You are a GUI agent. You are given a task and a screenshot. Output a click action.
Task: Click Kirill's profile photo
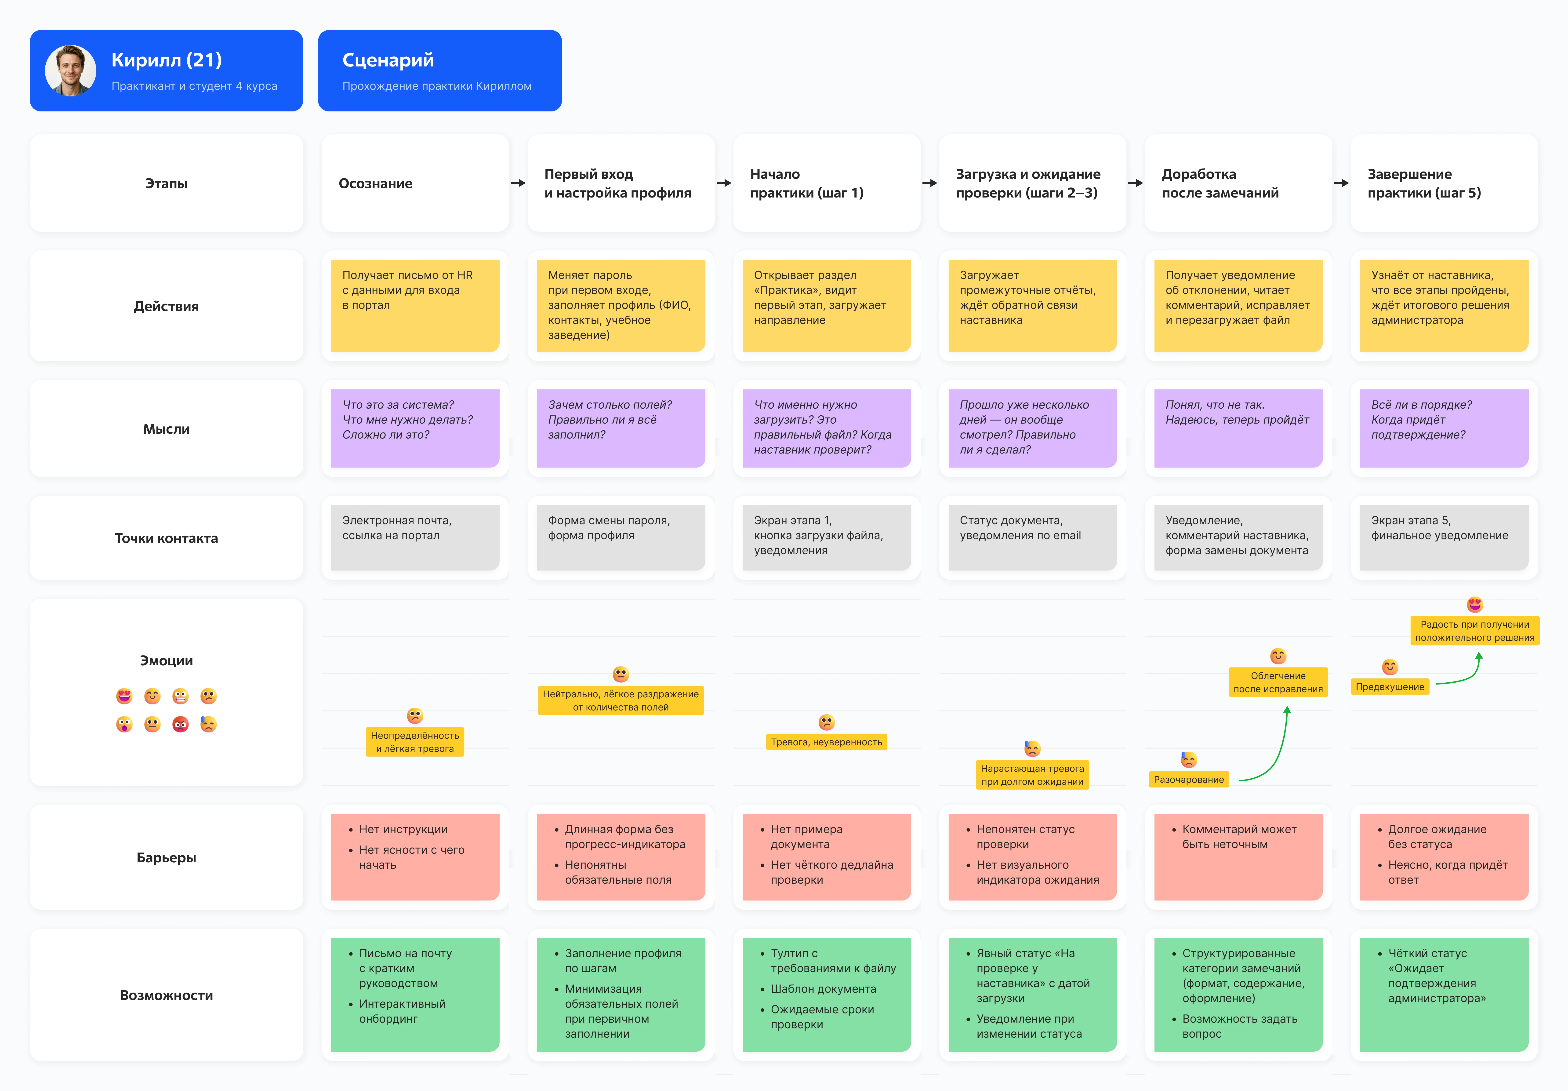pyautogui.click(x=70, y=70)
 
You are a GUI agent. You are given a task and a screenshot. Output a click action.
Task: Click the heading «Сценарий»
pyautogui.click(x=388, y=60)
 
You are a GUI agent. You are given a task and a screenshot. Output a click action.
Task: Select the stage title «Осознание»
pyautogui.click(x=376, y=183)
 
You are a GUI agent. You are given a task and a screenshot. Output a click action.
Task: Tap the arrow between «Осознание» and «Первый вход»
pyautogui.click(x=518, y=183)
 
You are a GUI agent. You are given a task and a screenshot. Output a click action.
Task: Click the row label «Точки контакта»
pyautogui.click(x=166, y=538)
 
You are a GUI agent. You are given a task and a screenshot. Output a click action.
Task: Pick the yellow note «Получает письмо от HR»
pyautogui.click(x=415, y=305)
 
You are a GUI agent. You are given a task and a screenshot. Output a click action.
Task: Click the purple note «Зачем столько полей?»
pyautogui.click(x=621, y=428)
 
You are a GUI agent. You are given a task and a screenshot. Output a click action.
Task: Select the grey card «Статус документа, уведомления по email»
pyautogui.click(x=1033, y=538)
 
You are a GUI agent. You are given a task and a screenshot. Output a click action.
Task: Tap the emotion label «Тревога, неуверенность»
pyautogui.click(x=826, y=742)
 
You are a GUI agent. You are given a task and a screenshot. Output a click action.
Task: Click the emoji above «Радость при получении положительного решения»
pyautogui.click(x=1475, y=605)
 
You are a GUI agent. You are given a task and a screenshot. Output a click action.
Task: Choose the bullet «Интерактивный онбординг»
pyautogui.click(x=402, y=1011)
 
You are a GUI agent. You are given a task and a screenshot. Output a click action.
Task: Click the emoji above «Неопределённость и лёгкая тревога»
pyautogui.click(x=415, y=715)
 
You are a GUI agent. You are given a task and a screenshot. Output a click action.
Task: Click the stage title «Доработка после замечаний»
pyautogui.click(x=1220, y=183)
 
